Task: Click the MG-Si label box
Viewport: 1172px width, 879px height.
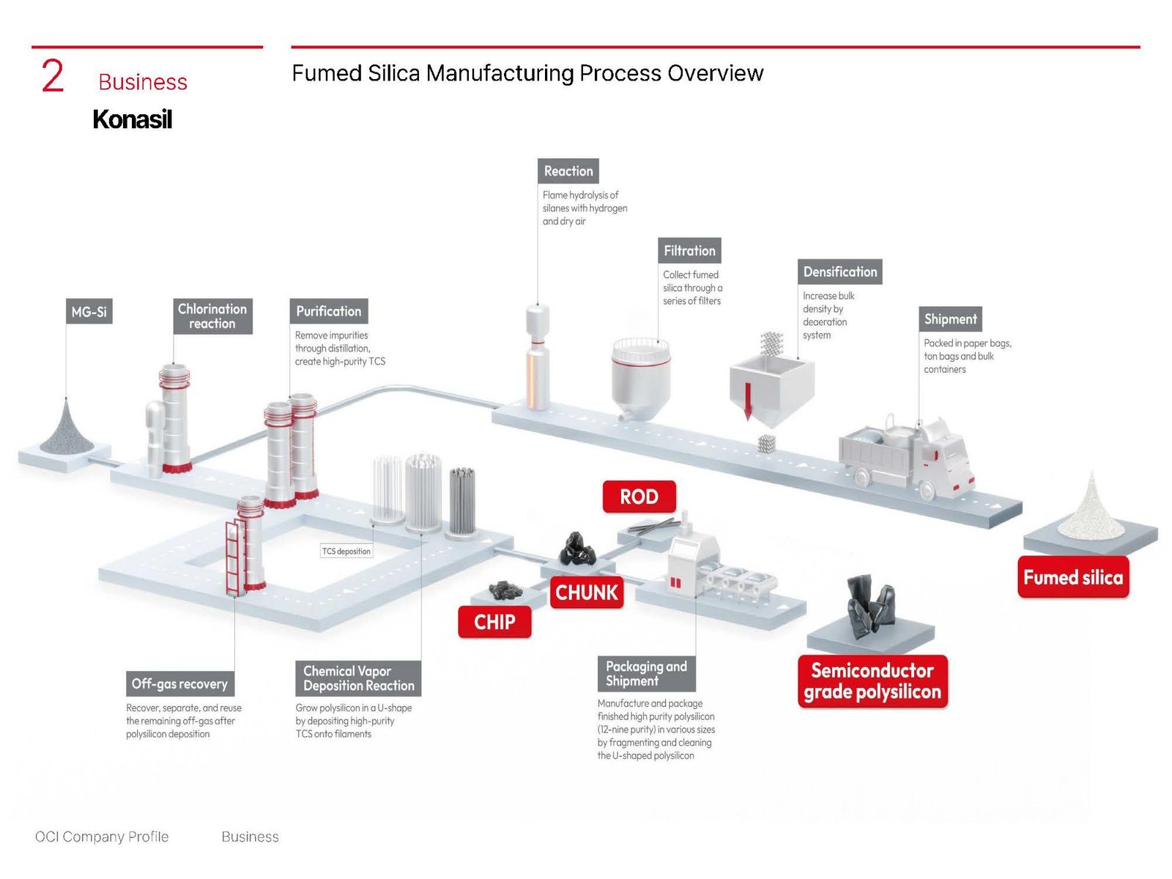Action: tap(89, 311)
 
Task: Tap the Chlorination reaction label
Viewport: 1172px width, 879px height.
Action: tap(212, 316)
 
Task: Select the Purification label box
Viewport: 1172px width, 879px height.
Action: tap(328, 311)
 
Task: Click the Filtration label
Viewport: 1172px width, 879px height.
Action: tap(689, 251)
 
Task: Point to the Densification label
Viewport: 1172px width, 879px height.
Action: tap(839, 272)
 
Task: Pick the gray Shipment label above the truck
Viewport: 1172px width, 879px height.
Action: tap(950, 319)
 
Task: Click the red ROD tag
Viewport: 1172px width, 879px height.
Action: tap(639, 497)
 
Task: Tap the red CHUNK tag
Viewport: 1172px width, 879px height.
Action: tap(587, 592)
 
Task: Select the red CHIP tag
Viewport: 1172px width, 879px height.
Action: tap(494, 622)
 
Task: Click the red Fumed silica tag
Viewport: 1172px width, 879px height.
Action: tap(1073, 577)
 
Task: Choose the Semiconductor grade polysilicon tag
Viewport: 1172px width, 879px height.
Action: tap(872, 681)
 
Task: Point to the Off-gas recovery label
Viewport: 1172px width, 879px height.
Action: tap(179, 683)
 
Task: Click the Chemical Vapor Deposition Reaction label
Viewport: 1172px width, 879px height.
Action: tap(358, 678)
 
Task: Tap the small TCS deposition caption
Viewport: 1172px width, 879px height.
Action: tap(346, 551)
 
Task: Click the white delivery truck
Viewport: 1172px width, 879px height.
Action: tap(907, 459)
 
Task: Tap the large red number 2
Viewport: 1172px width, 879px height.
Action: tap(53, 76)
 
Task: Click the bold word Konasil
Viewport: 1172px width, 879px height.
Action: tap(132, 119)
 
